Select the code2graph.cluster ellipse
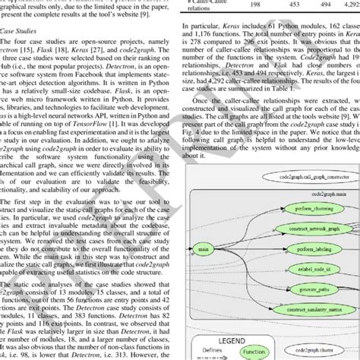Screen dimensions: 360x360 pyautogui.click(x=318, y=350)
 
